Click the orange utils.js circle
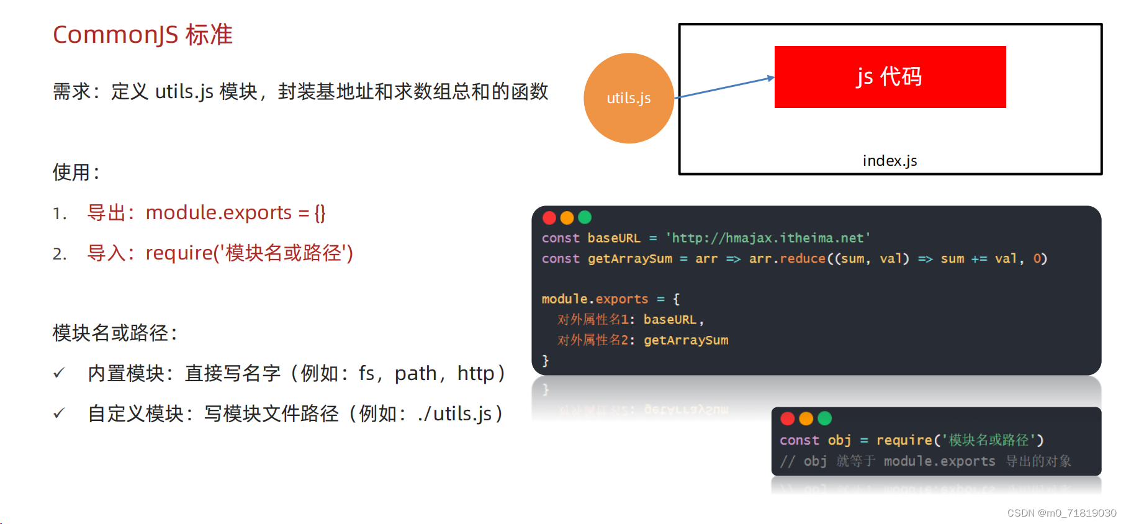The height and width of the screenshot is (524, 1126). (x=629, y=98)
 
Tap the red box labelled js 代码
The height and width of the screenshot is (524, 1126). (x=890, y=77)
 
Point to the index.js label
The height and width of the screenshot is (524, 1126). (x=890, y=161)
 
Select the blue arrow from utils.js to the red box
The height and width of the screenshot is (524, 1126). (x=724, y=88)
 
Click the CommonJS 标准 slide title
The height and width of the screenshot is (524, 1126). (x=143, y=35)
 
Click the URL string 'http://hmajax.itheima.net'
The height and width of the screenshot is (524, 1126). (x=768, y=238)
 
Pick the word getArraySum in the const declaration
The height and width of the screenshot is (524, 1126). (x=629, y=259)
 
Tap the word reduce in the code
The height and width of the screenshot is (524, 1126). (x=803, y=259)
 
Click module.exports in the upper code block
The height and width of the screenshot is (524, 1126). (x=594, y=299)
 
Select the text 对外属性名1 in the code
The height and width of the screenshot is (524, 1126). (x=593, y=320)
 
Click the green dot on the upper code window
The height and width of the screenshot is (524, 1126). (x=585, y=217)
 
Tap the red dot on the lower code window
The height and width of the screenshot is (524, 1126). (x=788, y=418)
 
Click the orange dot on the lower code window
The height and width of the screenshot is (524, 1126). (x=806, y=418)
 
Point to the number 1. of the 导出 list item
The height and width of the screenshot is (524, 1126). (x=60, y=214)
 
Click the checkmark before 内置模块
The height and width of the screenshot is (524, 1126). (x=59, y=373)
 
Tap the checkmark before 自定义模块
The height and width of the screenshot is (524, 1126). (x=59, y=413)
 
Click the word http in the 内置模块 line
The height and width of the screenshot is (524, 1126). (x=475, y=373)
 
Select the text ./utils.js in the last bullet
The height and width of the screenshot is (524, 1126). (x=455, y=413)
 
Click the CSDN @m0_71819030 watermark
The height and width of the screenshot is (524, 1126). (x=1061, y=513)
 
